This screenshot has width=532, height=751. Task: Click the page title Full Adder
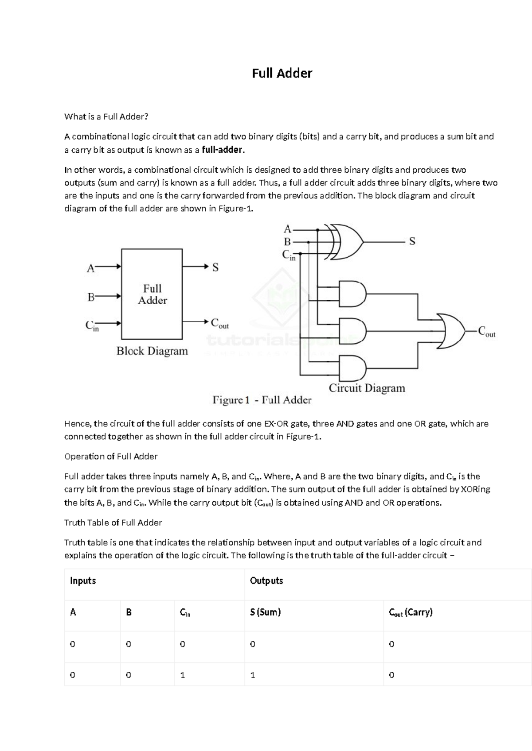[x=282, y=73]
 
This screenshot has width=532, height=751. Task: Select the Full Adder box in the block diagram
[x=152, y=294]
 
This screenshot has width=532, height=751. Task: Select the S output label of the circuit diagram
[x=412, y=241]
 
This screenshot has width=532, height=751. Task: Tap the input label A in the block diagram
[x=90, y=268]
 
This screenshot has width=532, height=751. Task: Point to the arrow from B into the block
[x=109, y=296]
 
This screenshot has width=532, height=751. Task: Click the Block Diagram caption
[x=152, y=351]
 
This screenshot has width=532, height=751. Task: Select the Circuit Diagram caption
[x=367, y=388]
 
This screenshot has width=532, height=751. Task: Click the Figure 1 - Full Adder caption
[x=262, y=400]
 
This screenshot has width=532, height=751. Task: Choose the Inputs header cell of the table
[x=83, y=581]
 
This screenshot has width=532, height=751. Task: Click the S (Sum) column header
[x=265, y=612]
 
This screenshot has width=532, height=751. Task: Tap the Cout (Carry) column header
[x=411, y=612]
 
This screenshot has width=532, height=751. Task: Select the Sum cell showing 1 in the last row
[x=253, y=675]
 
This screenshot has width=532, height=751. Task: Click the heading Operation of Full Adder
[x=111, y=457]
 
